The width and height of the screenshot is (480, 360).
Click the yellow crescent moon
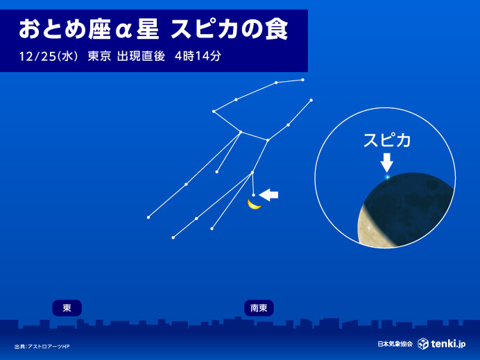[x=254, y=205]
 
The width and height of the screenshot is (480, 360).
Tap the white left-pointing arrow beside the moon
[x=268, y=195]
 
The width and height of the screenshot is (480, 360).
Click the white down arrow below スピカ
[x=387, y=162]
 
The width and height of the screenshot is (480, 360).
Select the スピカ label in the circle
[x=387, y=140]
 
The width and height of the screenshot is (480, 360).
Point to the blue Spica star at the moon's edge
[x=387, y=178]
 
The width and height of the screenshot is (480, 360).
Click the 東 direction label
[x=67, y=307]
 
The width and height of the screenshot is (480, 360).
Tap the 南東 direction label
[x=259, y=307]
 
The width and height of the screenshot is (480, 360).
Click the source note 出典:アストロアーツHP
[x=42, y=347]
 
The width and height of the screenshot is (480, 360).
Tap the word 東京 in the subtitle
[x=100, y=57]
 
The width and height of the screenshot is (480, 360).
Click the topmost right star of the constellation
[x=303, y=80]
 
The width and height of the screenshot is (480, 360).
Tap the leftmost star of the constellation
[x=148, y=217]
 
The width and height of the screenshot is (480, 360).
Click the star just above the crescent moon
[x=254, y=195]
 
